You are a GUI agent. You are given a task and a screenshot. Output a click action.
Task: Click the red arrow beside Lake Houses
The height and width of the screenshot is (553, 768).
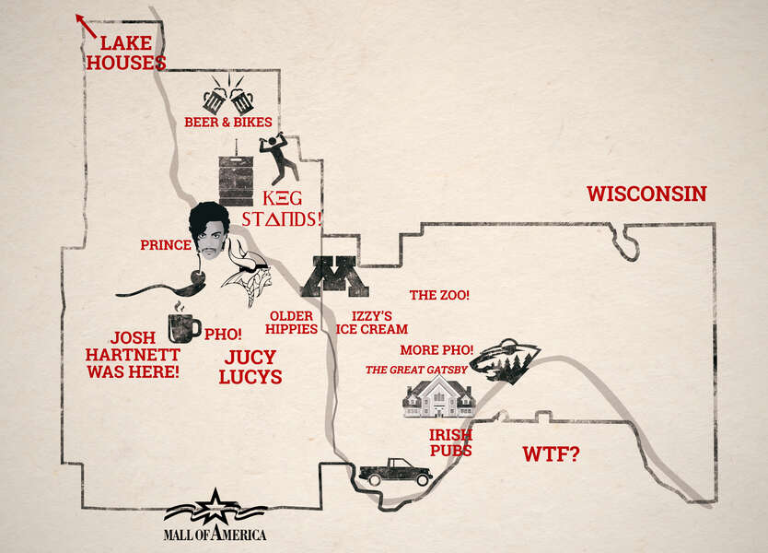86,25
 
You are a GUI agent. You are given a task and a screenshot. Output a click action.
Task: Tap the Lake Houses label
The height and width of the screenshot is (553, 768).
133,53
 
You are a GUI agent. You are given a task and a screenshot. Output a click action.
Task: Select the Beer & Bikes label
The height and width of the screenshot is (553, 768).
227,122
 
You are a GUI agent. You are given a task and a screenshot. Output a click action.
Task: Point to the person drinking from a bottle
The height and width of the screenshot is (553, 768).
278,159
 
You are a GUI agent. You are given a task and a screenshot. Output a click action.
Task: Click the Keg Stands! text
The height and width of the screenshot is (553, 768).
280,208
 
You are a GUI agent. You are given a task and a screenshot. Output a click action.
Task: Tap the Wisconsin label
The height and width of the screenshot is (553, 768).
646,194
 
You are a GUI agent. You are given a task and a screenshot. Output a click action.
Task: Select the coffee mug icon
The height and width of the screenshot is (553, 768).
182,326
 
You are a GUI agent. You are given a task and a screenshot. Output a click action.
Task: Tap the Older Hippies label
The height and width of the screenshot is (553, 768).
293,323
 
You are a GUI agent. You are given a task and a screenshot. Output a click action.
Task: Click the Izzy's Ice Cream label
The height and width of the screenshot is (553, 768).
371,322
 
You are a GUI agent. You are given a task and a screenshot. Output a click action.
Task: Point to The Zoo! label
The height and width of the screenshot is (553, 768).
439,295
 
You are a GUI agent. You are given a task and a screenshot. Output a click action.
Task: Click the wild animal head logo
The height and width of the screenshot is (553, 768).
504,360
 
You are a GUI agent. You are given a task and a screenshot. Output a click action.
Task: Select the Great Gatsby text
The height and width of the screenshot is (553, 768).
417,370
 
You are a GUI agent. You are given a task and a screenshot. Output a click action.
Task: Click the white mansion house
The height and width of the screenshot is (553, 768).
439,397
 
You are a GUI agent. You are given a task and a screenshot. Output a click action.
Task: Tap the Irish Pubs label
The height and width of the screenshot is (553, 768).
450,442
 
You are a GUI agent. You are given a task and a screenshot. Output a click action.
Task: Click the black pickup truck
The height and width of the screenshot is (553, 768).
395,471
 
